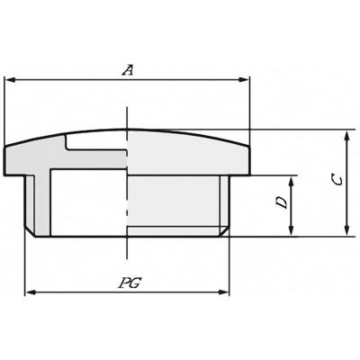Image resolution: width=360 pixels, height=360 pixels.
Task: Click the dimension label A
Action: [128, 70]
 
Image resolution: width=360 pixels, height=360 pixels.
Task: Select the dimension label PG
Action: [130, 283]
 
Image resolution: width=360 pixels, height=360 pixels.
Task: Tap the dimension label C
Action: [337, 181]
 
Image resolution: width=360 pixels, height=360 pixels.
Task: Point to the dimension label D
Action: [282, 202]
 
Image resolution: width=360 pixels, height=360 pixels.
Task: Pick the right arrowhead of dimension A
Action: [243, 80]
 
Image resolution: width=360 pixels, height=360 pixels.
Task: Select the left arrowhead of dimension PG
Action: [31, 292]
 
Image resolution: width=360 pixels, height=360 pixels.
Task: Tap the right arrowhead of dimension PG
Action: [223, 292]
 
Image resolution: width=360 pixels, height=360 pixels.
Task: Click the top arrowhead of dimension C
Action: [347, 136]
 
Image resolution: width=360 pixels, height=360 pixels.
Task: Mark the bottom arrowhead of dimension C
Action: [347, 230]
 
